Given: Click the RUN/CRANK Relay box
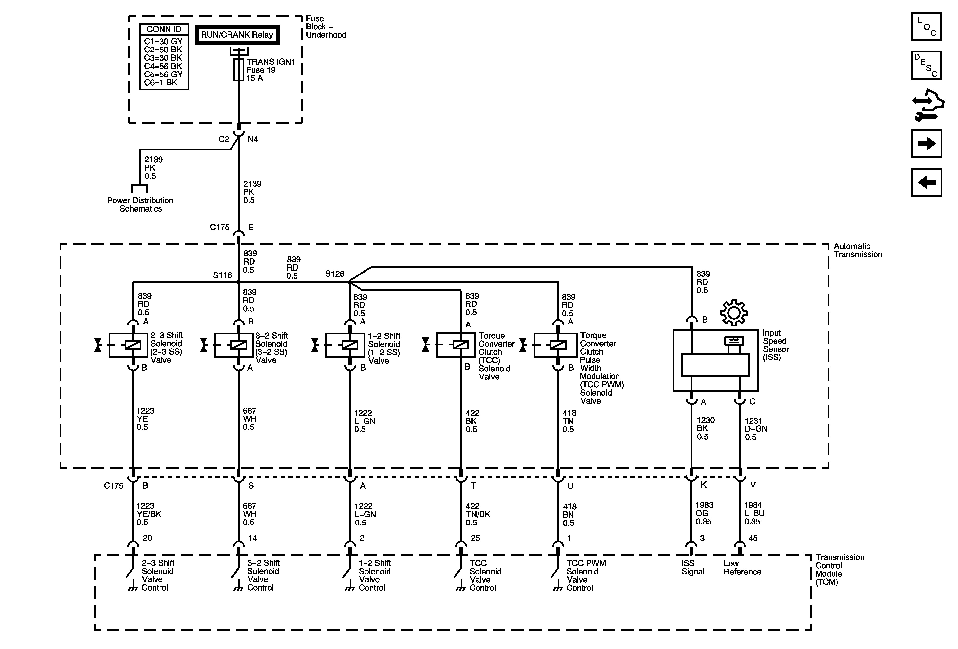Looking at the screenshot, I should [x=237, y=35].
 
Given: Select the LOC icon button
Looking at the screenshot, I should [x=926, y=27].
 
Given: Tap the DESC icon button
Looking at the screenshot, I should [x=926, y=65].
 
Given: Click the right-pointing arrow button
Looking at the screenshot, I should [x=926, y=144].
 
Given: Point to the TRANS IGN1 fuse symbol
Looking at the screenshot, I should [x=238, y=70].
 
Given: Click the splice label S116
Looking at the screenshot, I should [x=223, y=275].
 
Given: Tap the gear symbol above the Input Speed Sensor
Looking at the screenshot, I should [x=734, y=313].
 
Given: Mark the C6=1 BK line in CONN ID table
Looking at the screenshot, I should [x=161, y=82].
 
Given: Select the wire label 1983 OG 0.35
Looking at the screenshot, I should [x=704, y=513].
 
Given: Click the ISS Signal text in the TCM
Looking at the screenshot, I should [x=692, y=567].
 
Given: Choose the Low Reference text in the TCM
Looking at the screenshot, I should [x=742, y=567].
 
